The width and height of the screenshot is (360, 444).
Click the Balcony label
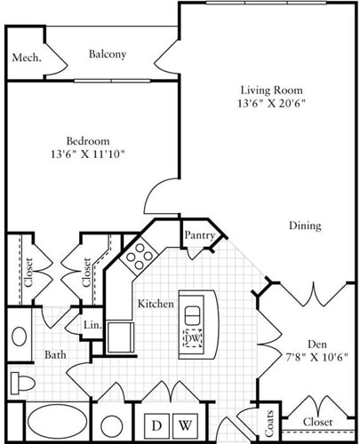108,54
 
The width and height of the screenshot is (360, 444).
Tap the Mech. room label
24,59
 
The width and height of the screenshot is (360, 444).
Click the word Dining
304,226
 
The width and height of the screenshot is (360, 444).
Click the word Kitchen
155,304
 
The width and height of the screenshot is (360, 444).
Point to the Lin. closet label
92,326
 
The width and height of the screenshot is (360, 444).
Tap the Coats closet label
268,421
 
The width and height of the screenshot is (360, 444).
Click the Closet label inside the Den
316,422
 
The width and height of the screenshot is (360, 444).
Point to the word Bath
55,355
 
